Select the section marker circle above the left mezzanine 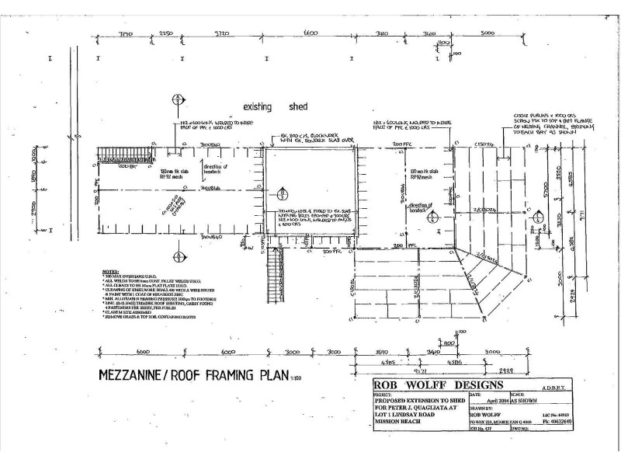click(178, 99)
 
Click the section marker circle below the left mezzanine click(178, 256)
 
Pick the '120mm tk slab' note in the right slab click(404, 169)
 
